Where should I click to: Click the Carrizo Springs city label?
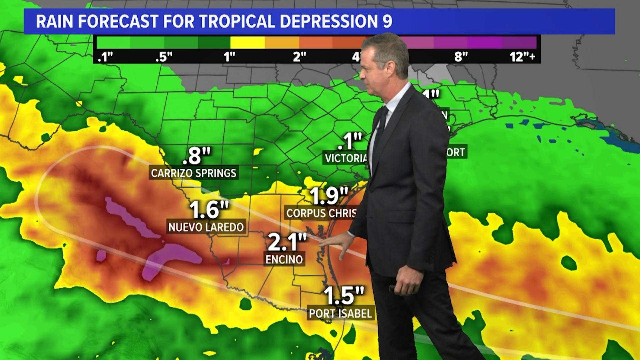coord(193,173)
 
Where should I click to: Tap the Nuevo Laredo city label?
coord(206,227)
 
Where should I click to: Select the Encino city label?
coord(284,259)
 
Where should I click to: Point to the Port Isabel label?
coord(340,313)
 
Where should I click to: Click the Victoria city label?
coord(346,158)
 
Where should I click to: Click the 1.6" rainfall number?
coord(209,210)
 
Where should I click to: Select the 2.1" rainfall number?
coord(287,242)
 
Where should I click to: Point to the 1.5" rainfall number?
coord(344,295)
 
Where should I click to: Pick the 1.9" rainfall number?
coord(329,196)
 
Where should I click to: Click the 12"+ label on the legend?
coord(522,57)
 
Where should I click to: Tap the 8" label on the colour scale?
coord(461,57)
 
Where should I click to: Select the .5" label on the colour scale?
coord(164,57)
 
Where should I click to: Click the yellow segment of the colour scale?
coord(247,43)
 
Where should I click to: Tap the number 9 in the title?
coord(387,21)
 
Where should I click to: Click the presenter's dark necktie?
coord(380,130)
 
